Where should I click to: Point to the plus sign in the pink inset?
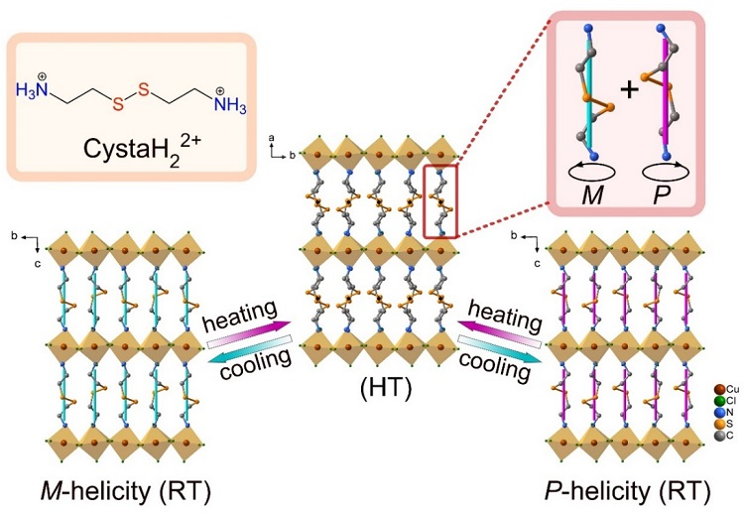[x=628, y=91]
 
